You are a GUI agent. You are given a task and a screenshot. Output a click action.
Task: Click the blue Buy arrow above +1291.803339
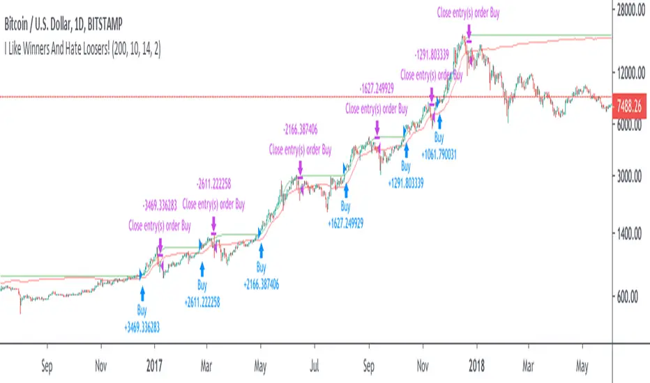click(x=405, y=148)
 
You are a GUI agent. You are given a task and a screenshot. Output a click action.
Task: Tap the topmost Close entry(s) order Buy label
click(x=468, y=11)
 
